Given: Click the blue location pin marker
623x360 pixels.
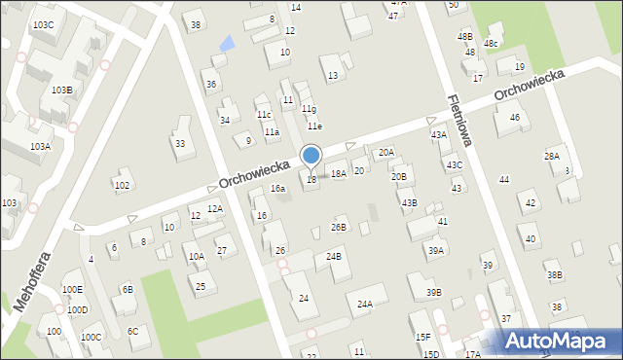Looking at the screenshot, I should (311, 156).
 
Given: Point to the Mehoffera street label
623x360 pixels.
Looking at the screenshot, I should (33, 276).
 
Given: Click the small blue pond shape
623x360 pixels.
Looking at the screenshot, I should (227, 43).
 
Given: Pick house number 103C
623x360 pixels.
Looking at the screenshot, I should (43, 24).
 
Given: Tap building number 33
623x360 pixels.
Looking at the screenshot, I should (180, 143).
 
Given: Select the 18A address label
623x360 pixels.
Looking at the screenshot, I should (338, 174).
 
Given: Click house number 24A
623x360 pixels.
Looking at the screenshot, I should (364, 305).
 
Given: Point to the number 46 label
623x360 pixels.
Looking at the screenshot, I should (514, 118).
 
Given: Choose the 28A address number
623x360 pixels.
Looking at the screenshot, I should (552, 156).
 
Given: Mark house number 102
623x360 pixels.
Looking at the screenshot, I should (122, 185).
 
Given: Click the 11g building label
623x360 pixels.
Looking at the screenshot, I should (309, 109).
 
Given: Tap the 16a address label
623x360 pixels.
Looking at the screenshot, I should (277, 189).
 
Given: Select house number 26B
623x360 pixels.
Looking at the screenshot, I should (338, 228).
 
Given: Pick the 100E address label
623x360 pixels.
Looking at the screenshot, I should (72, 289).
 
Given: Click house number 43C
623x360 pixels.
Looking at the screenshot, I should (455, 165).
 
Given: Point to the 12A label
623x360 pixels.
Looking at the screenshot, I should (215, 208).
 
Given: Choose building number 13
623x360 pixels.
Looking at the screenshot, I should (333, 75).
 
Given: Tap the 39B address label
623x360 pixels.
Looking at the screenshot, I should (433, 293).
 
